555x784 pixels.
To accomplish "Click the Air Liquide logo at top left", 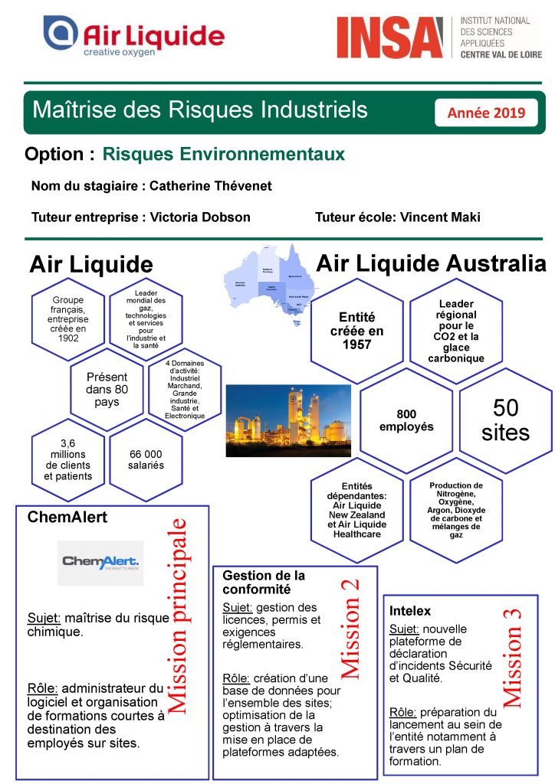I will pyautogui.click(x=133, y=36).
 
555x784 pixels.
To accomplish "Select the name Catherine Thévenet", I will pyautogui.click(x=211, y=186).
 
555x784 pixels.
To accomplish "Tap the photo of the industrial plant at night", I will pyautogui.click(x=288, y=420).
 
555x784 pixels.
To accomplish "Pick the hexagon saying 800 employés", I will pyautogui.click(x=406, y=420).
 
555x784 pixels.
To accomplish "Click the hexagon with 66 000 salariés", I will pyautogui.click(x=146, y=459).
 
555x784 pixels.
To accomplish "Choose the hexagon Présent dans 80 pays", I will pyautogui.click(x=107, y=389).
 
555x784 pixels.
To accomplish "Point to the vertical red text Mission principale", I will pyautogui.click(x=177, y=616).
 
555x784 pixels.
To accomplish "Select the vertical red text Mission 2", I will pyautogui.click(x=350, y=628).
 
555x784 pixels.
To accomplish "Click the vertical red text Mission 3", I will pyautogui.click(x=511, y=656).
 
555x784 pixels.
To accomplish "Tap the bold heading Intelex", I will pyautogui.click(x=410, y=611).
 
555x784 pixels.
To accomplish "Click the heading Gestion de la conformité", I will pyautogui.click(x=264, y=582).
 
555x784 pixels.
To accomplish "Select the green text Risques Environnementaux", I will pyautogui.click(x=223, y=154).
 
